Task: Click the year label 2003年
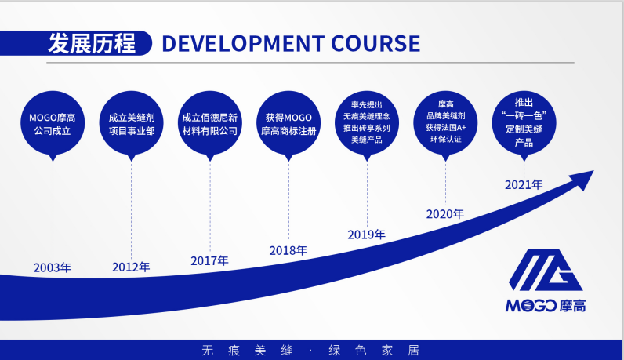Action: [53, 267]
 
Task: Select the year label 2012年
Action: [131, 267]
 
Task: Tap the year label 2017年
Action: [209, 260]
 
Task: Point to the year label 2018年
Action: [288, 251]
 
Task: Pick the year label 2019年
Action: [366, 235]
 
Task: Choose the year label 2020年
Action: [444, 213]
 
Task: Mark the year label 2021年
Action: [523, 185]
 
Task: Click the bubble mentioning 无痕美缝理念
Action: [366, 122]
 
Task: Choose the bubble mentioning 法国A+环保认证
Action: [444, 122]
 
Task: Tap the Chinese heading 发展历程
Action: [91, 43]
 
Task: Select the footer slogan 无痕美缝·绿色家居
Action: [311, 349]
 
